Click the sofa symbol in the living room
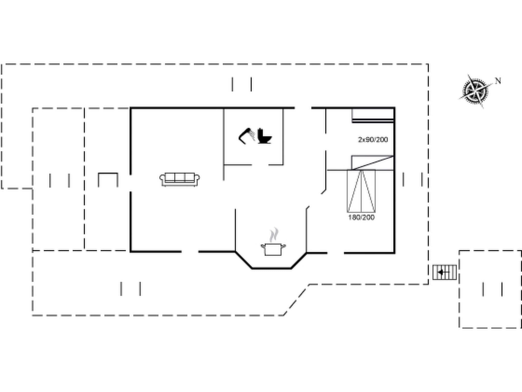[180, 179]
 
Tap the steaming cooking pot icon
[273, 249]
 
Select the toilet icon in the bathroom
[264, 136]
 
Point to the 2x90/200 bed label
[373, 140]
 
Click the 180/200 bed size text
[361, 217]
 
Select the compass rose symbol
[475, 91]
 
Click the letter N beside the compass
[498, 81]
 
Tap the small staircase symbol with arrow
[445, 272]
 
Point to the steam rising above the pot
[274, 235]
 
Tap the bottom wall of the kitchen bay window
[271, 268]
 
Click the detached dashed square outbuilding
[490, 289]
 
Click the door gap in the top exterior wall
[303, 108]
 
